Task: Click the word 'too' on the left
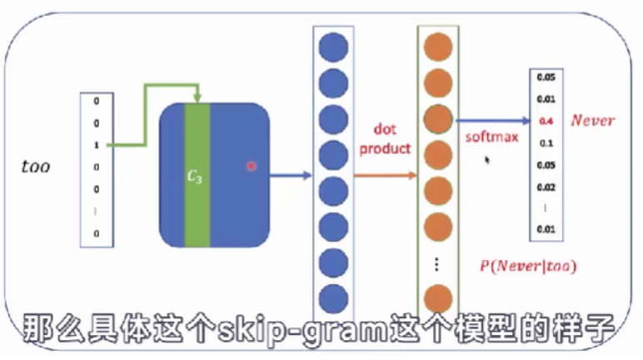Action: pos(35,167)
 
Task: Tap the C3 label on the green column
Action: pos(196,176)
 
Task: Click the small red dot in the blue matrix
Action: pos(250,167)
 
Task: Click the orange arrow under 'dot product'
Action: pos(384,175)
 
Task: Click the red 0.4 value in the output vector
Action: pos(546,121)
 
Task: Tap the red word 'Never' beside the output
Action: pos(592,121)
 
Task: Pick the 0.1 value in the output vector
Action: pos(546,142)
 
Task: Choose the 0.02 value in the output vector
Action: pos(546,186)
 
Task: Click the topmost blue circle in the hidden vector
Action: pos(333,45)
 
